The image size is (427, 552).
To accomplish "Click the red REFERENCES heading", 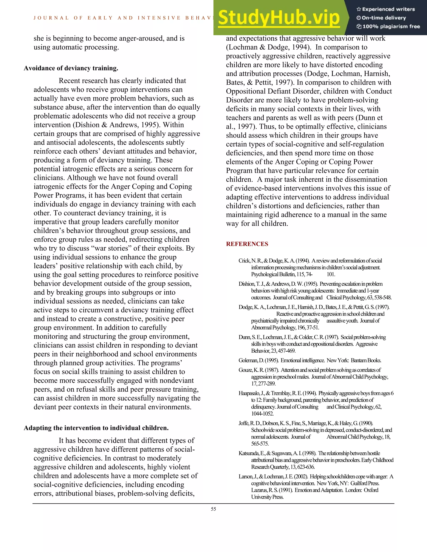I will pos(247,244).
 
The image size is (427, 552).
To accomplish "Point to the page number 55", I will pos(213,509).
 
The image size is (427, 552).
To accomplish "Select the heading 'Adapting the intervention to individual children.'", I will pos(96,428).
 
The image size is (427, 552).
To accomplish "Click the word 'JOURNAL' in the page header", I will pos(51,18).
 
